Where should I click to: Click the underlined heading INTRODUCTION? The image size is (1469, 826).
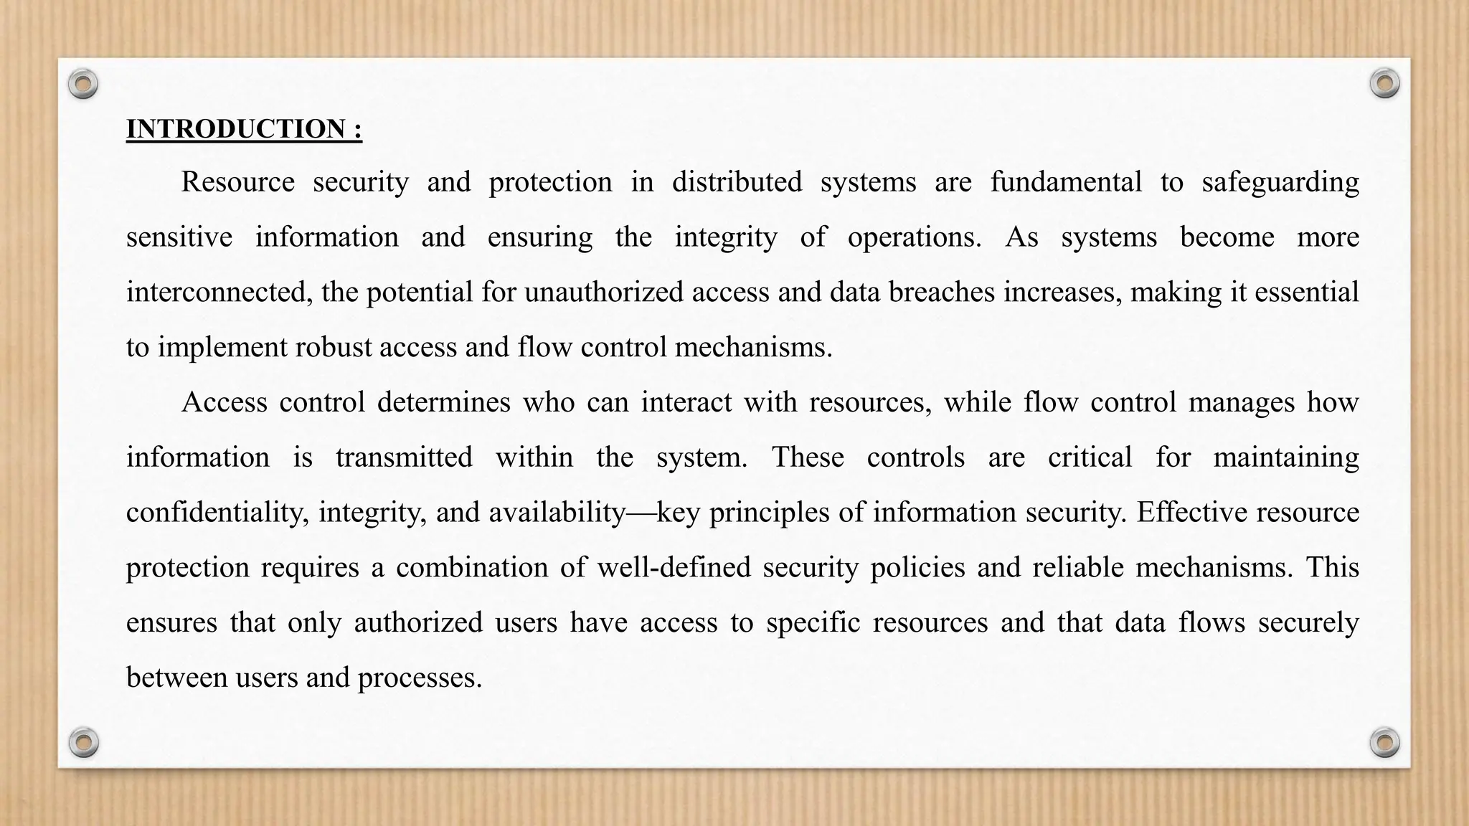point(244,129)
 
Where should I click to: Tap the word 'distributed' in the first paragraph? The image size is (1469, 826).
point(737,182)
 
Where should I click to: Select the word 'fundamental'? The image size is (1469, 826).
point(1066,182)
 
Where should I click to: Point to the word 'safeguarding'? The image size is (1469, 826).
point(1280,182)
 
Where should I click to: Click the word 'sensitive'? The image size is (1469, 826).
point(179,237)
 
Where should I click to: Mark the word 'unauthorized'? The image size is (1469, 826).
point(604,293)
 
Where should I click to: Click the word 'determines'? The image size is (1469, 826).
point(443,402)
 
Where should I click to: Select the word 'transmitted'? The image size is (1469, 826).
point(404,457)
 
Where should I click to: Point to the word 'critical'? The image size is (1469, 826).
point(1090,457)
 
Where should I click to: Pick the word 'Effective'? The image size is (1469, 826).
point(1183,513)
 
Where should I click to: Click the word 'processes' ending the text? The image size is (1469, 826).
point(419,678)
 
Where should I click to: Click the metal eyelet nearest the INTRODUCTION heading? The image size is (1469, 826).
point(83,85)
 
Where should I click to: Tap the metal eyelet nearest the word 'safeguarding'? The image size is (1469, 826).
point(1384,84)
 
